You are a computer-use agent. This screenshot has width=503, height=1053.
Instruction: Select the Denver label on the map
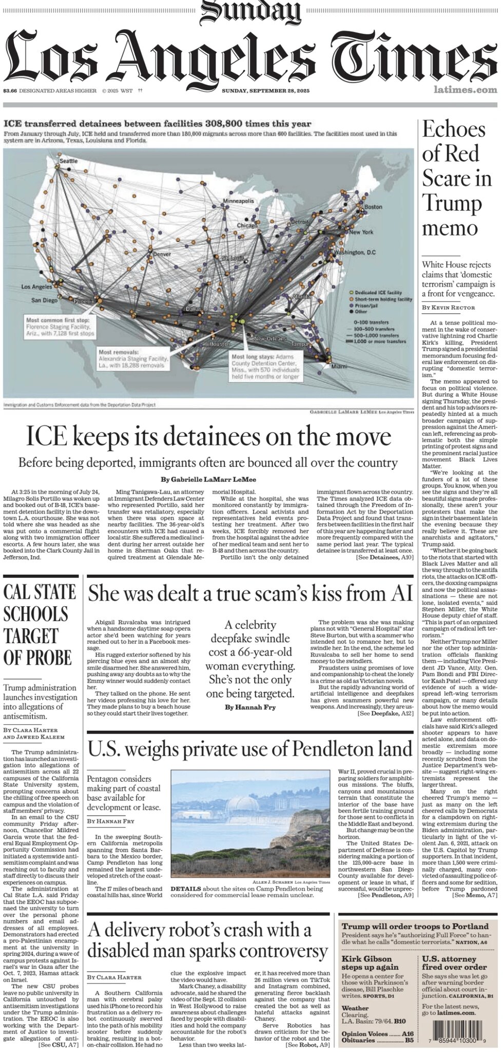(162, 254)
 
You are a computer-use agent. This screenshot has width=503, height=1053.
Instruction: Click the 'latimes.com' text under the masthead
(465, 90)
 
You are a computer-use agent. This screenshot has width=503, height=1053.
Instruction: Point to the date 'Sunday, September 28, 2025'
(265, 91)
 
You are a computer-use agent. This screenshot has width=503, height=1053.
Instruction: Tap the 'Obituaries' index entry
(358, 1041)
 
